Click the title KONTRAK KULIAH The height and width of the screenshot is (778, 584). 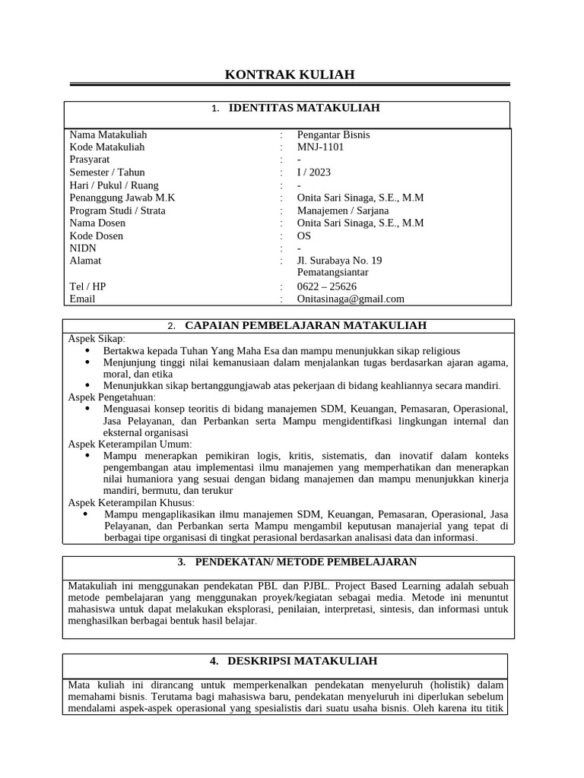point(290,74)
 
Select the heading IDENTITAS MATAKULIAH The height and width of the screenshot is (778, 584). point(304,108)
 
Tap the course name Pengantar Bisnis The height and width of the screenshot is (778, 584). point(333,134)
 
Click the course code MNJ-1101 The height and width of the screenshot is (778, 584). point(321,147)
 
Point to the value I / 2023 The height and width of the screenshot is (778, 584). point(313,172)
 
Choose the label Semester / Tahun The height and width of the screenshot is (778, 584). point(106,172)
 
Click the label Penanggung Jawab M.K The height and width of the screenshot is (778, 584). point(122,198)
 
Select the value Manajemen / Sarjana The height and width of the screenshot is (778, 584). point(342,210)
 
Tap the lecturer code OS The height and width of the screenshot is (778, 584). point(304,236)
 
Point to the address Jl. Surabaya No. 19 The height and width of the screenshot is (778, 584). point(339,261)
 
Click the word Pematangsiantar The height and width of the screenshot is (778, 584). point(332,272)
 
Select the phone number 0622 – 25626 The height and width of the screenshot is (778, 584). point(326,286)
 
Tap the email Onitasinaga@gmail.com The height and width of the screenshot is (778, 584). point(351,299)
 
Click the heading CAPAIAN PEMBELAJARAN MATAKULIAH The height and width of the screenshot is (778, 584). point(306,325)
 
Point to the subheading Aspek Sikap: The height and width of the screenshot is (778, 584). point(97,338)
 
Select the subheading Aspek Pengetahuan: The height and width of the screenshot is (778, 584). point(112,397)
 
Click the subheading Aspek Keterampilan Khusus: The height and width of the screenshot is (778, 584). point(132,503)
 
